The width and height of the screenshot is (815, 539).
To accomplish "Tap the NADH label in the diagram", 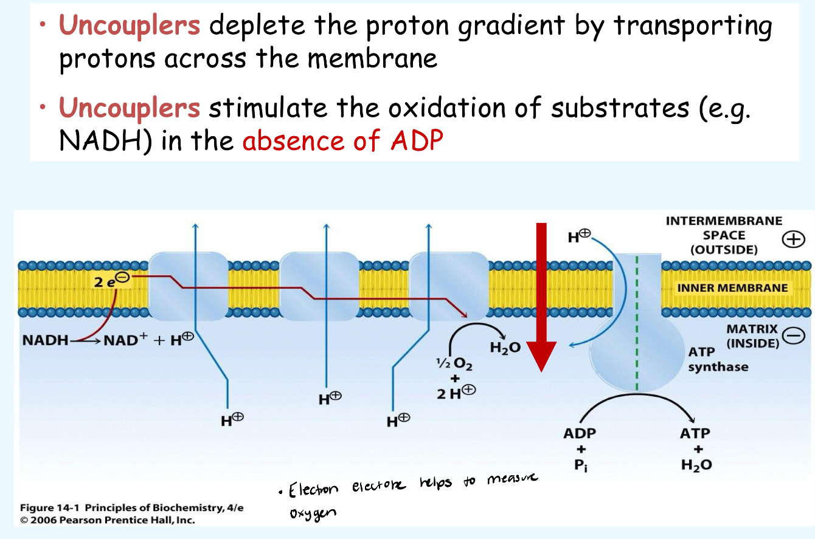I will point(44,340).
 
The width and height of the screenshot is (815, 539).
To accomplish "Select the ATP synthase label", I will point(718,360).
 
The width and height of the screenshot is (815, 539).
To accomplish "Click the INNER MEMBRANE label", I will point(733,287).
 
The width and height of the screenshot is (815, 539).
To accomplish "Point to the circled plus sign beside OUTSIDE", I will point(792,240).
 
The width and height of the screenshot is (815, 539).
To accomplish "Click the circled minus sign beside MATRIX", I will point(793,336).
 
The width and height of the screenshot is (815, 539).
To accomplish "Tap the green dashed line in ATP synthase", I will point(637,322).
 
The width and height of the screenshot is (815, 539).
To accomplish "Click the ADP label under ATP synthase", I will point(580,434).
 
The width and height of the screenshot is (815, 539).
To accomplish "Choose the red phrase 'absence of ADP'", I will point(343,141).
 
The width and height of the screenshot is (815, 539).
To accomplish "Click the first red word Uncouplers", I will point(129,26).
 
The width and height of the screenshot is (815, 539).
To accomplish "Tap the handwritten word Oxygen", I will point(313,513).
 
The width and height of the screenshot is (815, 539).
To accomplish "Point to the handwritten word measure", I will point(512,480).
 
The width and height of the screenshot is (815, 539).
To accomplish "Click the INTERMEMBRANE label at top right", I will point(724,221).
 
